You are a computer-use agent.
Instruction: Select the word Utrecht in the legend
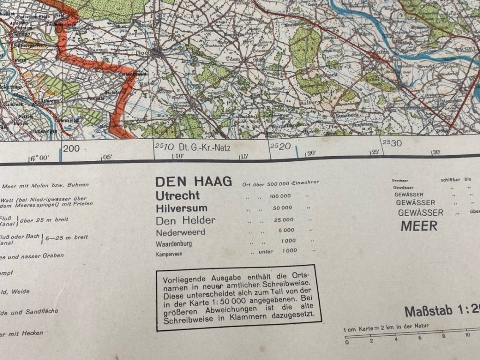pyautogui.click(x=178, y=195)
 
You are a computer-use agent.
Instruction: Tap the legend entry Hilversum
pyautogui.click(x=181, y=208)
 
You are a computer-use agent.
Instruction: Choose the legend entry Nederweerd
pyautogui.click(x=180, y=232)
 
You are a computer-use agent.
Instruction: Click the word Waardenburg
pyautogui.click(x=174, y=244)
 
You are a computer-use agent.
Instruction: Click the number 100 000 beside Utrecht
pyautogui.click(x=280, y=195)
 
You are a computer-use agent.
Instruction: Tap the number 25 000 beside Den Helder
pyautogui.click(x=282, y=219)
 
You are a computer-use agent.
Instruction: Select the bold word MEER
pyautogui.click(x=419, y=226)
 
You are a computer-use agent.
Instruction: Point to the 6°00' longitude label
pyautogui.click(x=39, y=158)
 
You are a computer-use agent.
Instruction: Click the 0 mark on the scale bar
pyautogui.click(x=347, y=342)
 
